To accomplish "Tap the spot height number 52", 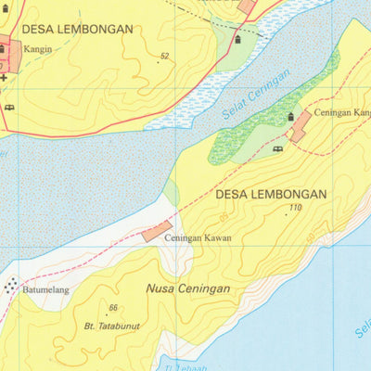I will [x=164, y=58].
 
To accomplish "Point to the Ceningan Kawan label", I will [x=198, y=238].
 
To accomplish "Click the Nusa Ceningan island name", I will [x=187, y=288].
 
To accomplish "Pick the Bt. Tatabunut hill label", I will [x=111, y=326].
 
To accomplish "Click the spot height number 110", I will [x=295, y=208].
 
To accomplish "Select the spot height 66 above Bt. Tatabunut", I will [x=113, y=308].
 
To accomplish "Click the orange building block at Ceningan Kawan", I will [x=157, y=231].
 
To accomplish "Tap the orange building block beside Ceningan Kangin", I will [x=300, y=127].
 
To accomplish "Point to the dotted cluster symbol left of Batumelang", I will [x=11, y=287].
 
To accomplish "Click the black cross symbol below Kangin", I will [x=4, y=79].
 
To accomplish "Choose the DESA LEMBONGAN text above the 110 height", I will [x=270, y=195].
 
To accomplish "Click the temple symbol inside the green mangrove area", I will [x=290, y=117].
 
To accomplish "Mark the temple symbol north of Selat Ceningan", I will [x=237, y=39].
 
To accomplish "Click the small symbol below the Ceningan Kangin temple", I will [x=277, y=148].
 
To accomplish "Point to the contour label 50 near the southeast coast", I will [x=310, y=238].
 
